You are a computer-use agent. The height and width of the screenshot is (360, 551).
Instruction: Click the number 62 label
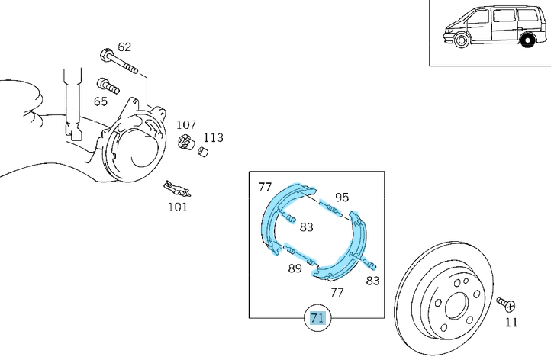click(x=124, y=47)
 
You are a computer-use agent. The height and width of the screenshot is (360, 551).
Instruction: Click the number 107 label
click(x=187, y=125)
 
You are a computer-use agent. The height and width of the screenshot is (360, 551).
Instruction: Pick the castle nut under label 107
click(x=185, y=143)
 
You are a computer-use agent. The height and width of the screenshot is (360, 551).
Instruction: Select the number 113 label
click(x=213, y=138)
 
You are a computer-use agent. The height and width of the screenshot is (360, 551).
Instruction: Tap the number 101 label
click(x=177, y=207)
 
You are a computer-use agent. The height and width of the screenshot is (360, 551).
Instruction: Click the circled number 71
click(x=317, y=318)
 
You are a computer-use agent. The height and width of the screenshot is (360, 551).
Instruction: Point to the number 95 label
click(x=341, y=197)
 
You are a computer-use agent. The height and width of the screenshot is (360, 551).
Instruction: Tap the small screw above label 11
click(x=505, y=303)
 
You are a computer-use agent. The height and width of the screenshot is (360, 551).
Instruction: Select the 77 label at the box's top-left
click(x=265, y=186)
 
